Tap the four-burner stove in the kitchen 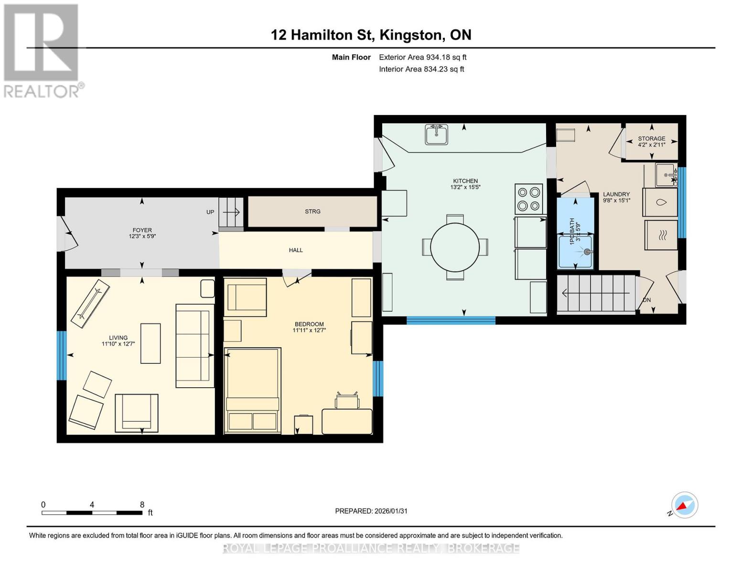pos(528,199)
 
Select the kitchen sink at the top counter pos(436,134)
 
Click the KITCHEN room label pos(465,181)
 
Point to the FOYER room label pos(142,230)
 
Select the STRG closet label pos(312,212)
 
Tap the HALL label pos(296,250)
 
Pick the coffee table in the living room pos(151,343)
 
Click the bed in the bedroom pos(252,391)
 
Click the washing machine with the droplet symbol pos(661,202)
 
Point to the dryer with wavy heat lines pos(661,235)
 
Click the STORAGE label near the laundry pos(651,138)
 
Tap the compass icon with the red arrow pos(684,505)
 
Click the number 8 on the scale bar pos(142,504)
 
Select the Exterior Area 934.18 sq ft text pos(422,57)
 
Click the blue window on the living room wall pos(61,355)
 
